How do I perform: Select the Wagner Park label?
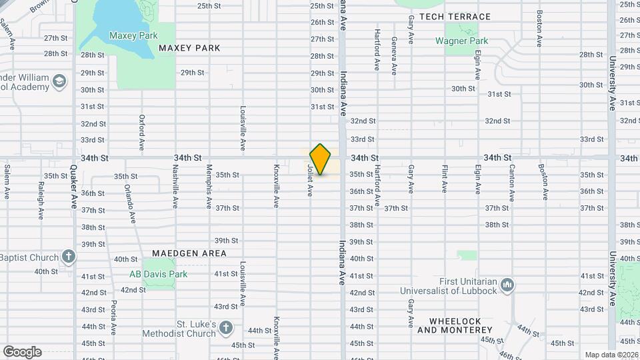click(x=461, y=41)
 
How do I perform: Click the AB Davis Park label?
click(x=158, y=274)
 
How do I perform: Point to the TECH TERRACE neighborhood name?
click(x=455, y=17)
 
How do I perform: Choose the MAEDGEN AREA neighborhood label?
click(x=189, y=253)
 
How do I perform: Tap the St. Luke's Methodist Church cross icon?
click(x=226, y=328)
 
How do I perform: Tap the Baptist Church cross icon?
click(x=68, y=257)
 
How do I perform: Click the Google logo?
click(x=22, y=351)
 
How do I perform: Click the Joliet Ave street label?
click(x=310, y=181)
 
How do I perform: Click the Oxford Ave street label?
click(x=142, y=132)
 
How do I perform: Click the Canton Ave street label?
click(x=511, y=187)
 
